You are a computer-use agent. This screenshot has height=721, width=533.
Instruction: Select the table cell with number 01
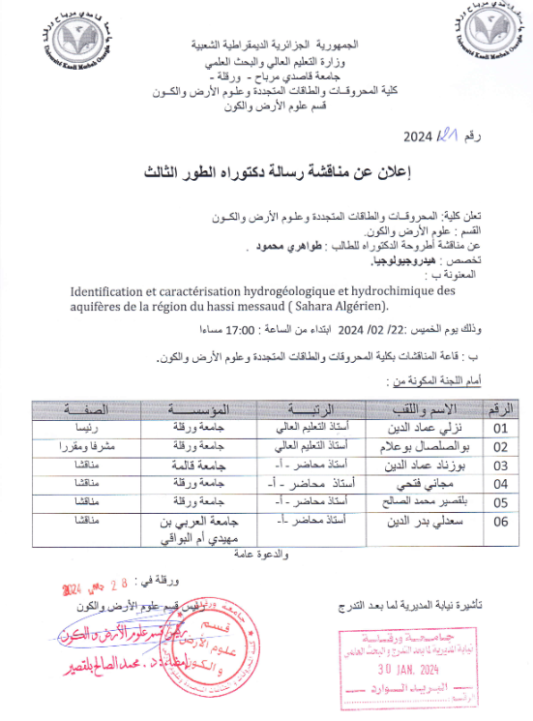coord(499,427)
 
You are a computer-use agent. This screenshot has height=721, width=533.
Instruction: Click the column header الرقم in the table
coord(500,407)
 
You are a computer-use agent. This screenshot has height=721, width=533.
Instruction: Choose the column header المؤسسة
coord(224,407)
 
